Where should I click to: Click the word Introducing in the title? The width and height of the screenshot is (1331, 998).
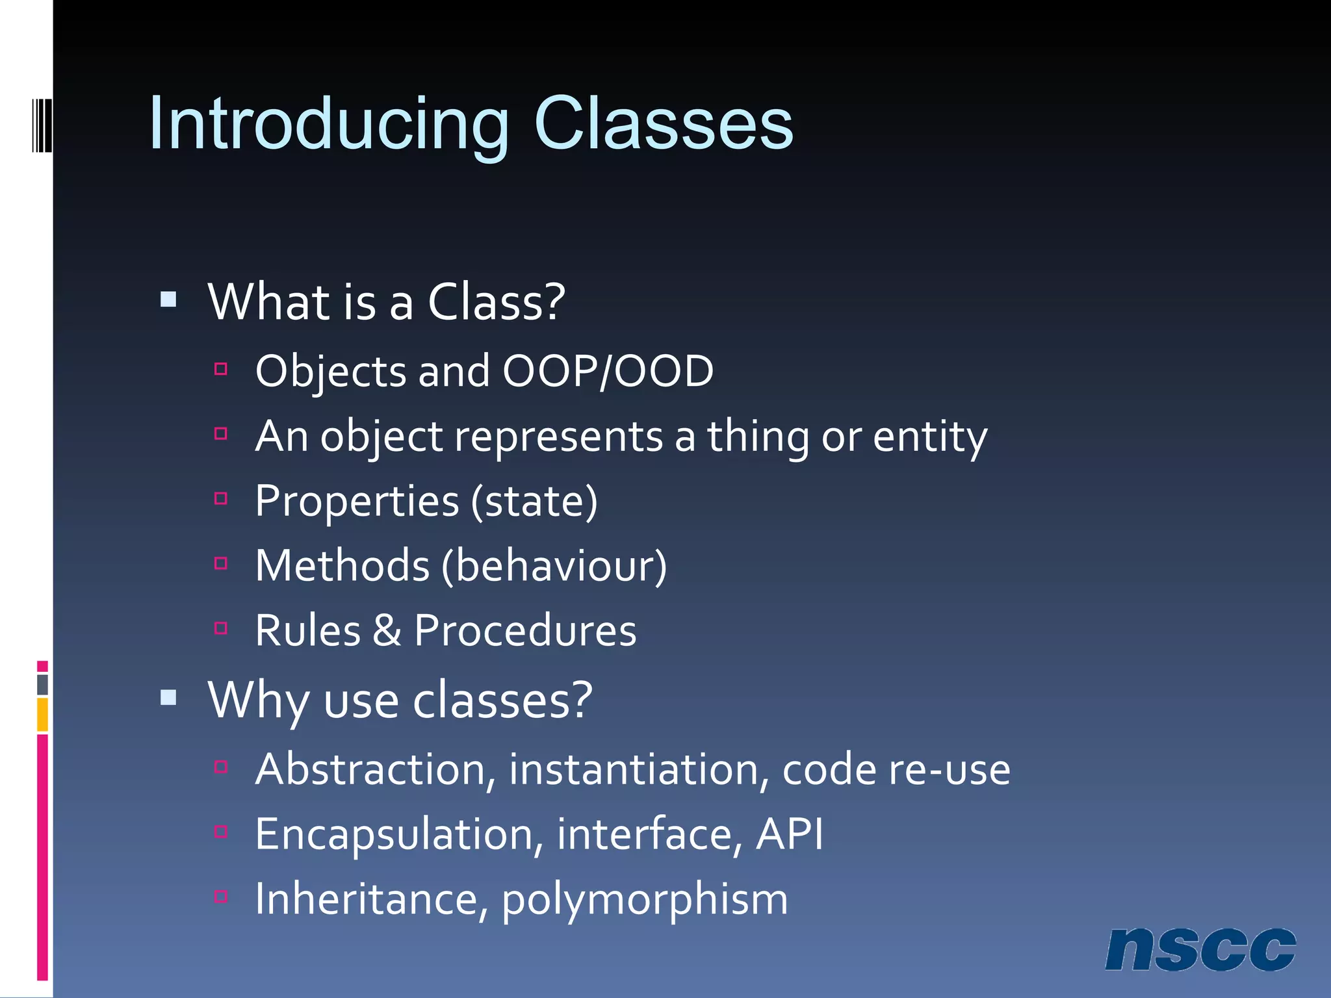click(x=328, y=123)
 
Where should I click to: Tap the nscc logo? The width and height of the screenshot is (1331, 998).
click(x=1200, y=949)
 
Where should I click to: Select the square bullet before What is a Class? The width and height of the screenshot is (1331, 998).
click(x=168, y=300)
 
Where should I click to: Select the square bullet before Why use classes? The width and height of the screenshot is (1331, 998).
click(x=168, y=697)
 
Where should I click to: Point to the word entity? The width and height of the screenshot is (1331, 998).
click(x=929, y=437)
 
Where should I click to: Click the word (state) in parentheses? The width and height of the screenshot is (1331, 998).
click(x=534, y=502)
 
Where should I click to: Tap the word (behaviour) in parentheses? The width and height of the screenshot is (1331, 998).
click(x=554, y=566)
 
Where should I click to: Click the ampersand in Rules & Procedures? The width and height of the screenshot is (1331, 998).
click(x=387, y=630)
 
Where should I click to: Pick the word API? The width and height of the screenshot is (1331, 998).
click(x=789, y=834)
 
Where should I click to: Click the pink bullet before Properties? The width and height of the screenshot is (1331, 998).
click(x=221, y=498)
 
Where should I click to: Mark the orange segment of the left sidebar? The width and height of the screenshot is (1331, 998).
click(x=42, y=714)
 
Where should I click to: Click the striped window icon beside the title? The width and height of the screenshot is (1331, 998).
click(x=42, y=124)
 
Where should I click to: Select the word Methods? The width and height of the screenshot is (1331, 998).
click(x=342, y=566)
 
